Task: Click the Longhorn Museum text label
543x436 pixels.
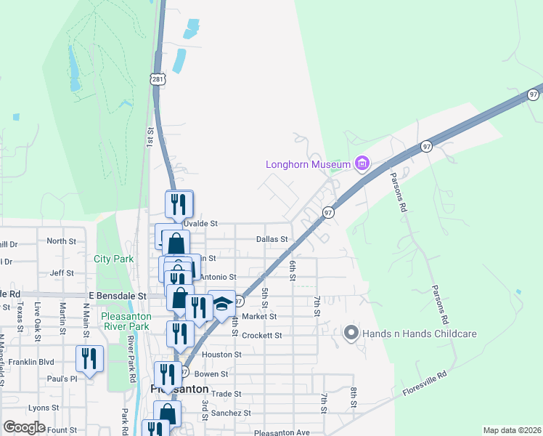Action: coord(309,164)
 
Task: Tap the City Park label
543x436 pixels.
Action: coord(113,259)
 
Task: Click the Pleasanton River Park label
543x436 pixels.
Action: coord(116,321)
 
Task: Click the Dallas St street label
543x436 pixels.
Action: coord(272,238)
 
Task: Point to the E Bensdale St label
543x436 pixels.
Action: coord(117,296)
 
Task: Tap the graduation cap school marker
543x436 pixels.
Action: coord(221,304)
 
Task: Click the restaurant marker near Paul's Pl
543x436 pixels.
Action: coord(90,359)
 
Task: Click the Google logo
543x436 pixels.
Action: coord(24,427)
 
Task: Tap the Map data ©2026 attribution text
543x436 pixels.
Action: coord(512,430)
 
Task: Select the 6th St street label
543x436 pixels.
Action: coord(293,270)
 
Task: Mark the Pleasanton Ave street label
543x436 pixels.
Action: coord(282,432)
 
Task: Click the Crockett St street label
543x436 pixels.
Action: coord(262,336)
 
